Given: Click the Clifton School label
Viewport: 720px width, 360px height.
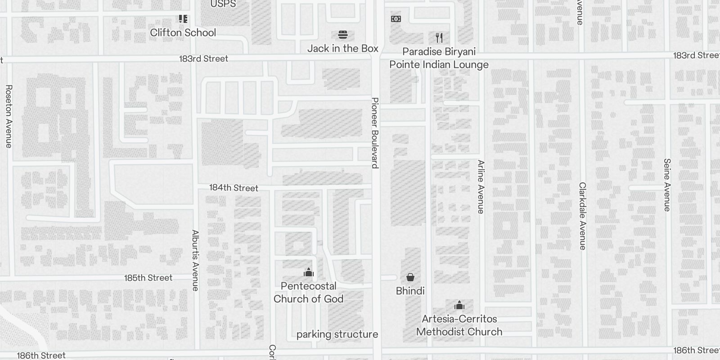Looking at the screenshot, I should [183, 32].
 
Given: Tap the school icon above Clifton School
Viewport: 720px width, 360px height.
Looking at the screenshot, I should [183, 19].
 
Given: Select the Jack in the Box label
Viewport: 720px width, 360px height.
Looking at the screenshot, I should [342, 48].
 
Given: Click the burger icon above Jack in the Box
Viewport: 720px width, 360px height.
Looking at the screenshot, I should [342, 35].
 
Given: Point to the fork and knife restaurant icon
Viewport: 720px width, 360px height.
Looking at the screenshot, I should [439, 38].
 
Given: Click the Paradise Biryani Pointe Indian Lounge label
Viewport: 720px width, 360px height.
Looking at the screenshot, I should [439, 58].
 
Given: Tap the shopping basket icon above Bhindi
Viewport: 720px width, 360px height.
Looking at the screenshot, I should [410, 277].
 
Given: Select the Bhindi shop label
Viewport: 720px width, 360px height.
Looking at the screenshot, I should [410, 291].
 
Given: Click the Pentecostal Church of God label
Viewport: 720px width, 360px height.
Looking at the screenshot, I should [308, 292].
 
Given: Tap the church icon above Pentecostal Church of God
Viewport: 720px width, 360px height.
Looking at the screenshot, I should [308, 272].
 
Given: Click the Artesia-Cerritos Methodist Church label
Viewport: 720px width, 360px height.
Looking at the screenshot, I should [459, 325].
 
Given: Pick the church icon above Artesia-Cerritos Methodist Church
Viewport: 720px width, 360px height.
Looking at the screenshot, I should [459, 306].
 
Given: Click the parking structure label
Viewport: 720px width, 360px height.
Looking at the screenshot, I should [337, 334].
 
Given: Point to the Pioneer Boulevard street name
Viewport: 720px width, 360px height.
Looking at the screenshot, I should [375, 133].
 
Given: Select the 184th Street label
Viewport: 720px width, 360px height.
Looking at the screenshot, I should [234, 188].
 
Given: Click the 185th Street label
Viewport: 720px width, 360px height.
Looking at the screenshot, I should [148, 278].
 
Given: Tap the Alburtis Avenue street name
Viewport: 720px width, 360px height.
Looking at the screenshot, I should [195, 260].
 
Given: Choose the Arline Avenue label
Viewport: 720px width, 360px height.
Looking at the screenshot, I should [481, 187].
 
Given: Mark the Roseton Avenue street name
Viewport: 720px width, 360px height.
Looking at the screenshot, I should [9, 116].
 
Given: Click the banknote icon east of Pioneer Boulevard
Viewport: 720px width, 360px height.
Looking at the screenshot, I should [396, 19].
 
